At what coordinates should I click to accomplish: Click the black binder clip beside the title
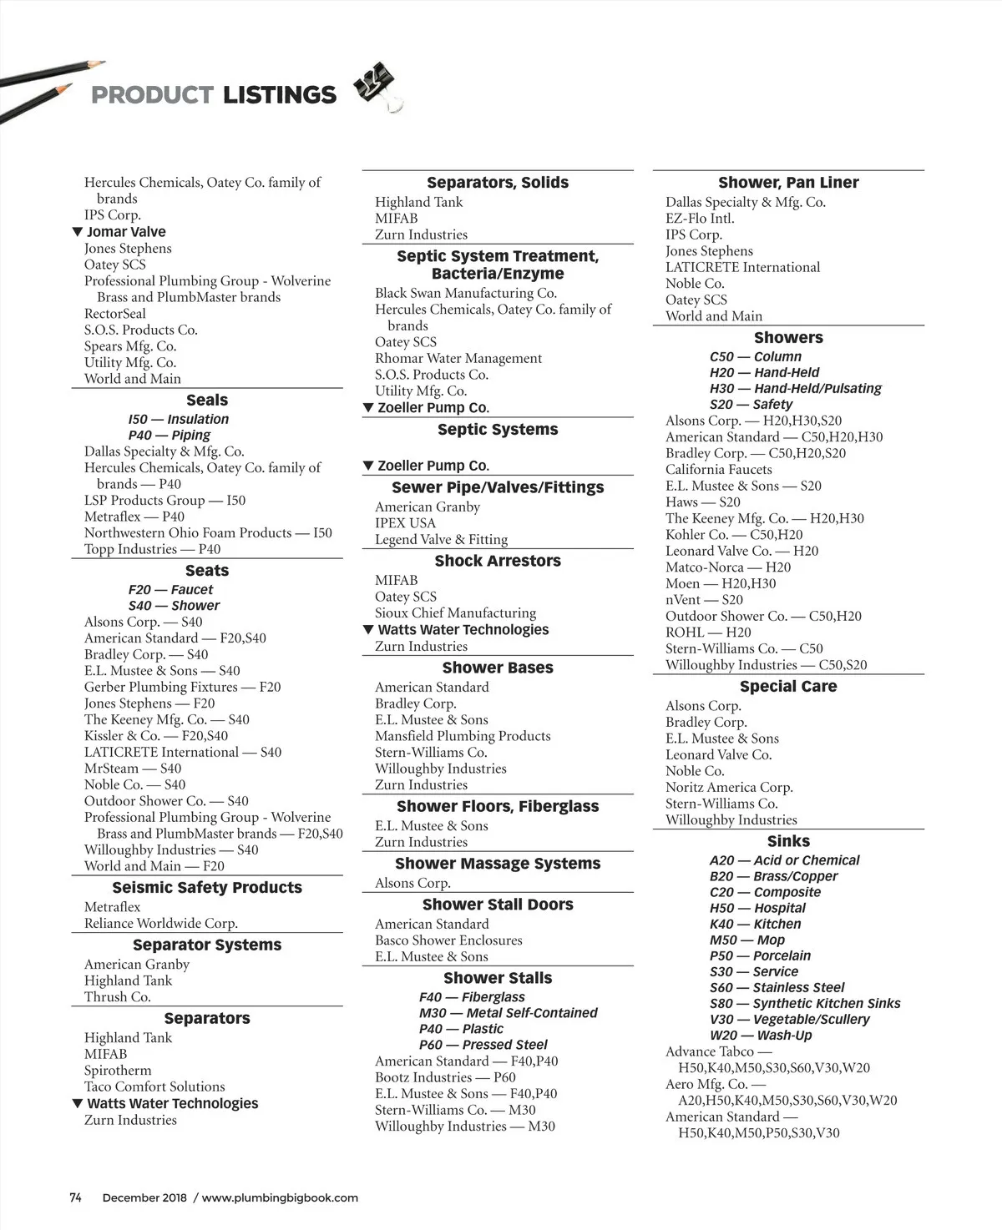[x=377, y=86]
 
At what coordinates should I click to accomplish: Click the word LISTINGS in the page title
[x=280, y=95]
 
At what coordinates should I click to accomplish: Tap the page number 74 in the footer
[x=75, y=1197]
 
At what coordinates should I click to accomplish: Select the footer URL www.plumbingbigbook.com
[x=280, y=1197]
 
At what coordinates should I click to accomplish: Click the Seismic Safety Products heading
[x=207, y=888]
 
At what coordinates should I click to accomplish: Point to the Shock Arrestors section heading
[x=498, y=562]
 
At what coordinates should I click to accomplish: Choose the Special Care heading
[x=788, y=687]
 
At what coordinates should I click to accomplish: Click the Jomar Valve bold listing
[x=126, y=232]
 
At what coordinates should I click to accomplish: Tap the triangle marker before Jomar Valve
[x=77, y=232]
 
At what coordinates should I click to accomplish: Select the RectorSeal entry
[x=115, y=314]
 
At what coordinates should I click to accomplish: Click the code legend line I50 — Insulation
[x=178, y=419]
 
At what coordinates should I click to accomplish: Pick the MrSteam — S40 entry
[x=133, y=769]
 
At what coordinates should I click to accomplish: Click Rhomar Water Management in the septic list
[x=458, y=358]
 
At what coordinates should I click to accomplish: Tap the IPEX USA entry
[x=405, y=523]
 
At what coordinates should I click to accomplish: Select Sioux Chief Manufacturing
[x=455, y=613]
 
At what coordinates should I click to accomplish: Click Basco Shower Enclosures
[x=448, y=940]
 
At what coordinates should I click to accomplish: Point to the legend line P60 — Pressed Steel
[x=483, y=1045]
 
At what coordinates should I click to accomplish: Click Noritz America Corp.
[x=729, y=788]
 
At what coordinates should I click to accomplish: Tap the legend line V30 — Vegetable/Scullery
[x=789, y=1020]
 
